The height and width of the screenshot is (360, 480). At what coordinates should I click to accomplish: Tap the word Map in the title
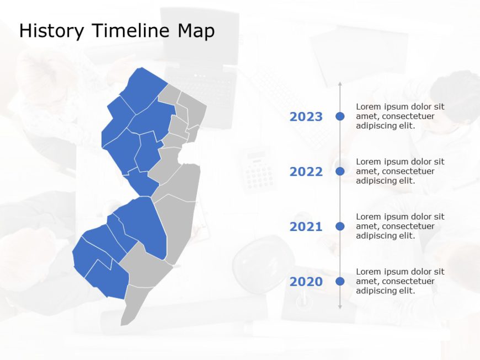(195, 31)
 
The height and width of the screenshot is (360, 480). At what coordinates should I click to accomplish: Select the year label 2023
(306, 117)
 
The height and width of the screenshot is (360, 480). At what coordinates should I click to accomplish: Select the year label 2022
(306, 172)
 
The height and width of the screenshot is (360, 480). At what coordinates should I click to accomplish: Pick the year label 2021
(306, 227)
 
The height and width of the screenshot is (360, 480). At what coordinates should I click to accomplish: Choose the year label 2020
(306, 282)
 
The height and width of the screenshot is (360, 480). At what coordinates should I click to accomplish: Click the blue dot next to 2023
(340, 116)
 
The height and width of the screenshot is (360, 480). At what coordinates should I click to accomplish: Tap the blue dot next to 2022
(340, 171)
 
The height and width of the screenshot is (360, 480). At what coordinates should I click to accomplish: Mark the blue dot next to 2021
(340, 226)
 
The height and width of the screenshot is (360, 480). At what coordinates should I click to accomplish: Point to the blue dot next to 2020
(340, 281)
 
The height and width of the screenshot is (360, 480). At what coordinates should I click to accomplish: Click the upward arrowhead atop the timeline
(340, 84)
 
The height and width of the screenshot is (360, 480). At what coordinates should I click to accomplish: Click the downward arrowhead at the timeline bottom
(340, 307)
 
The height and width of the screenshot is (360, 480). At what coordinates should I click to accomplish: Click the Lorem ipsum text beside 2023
(400, 116)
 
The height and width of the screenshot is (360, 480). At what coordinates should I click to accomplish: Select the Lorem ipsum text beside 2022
(400, 171)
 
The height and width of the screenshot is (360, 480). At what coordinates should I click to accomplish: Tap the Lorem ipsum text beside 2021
(400, 226)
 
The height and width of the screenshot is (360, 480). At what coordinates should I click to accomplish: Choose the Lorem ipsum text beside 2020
(400, 281)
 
